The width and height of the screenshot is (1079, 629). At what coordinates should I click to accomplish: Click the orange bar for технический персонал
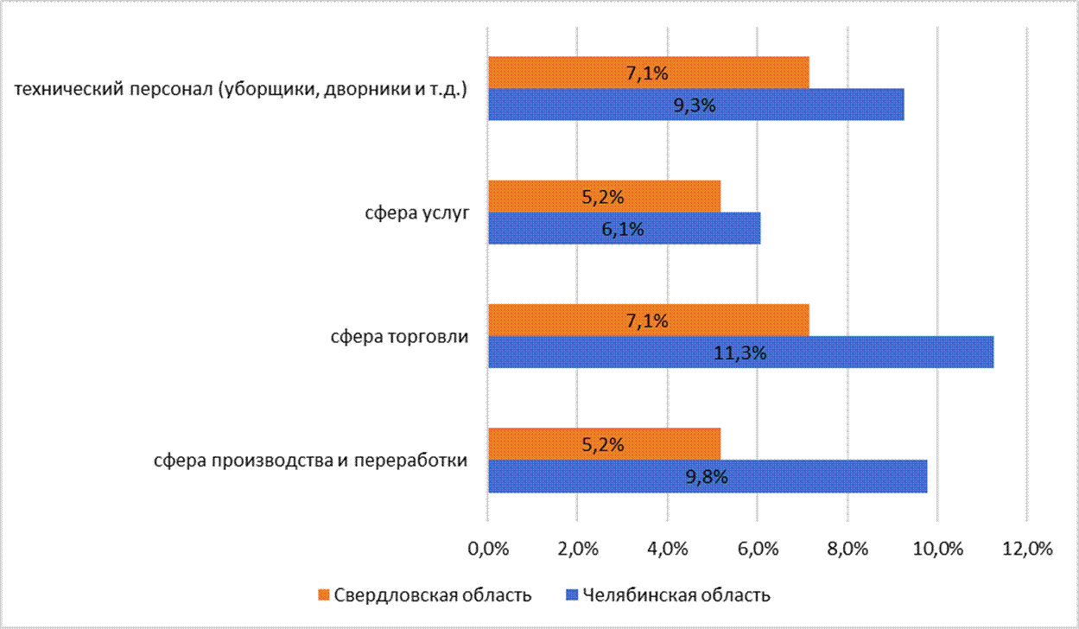(648, 73)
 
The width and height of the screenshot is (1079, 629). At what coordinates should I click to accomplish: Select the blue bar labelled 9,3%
(695, 105)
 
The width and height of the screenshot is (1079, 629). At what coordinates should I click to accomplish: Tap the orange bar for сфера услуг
(604, 197)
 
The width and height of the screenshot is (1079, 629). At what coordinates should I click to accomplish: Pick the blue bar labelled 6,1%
(624, 229)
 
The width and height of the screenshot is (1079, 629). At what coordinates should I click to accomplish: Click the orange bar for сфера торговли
(648, 321)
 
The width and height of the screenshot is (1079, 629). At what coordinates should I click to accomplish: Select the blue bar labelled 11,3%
(740, 353)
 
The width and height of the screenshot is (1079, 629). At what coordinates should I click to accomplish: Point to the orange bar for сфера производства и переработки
(604, 444)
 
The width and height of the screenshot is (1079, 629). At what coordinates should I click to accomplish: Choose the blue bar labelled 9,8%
(707, 476)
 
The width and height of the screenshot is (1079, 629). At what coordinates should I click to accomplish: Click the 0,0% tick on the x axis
(488, 548)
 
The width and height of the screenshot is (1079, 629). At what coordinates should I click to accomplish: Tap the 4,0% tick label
(668, 548)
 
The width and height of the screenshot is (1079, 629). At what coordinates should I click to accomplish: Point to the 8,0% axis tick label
(847, 548)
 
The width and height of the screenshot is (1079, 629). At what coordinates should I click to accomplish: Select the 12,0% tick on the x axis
(1027, 548)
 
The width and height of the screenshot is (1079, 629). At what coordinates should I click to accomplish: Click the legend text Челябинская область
(676, 595)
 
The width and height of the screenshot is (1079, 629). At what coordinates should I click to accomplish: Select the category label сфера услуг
(416, 213)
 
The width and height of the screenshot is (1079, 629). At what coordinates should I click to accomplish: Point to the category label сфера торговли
(399, 337)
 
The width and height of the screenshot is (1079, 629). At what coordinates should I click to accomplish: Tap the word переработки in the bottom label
(418, 461)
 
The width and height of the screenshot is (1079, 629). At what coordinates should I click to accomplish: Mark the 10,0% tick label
(937, 548)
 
